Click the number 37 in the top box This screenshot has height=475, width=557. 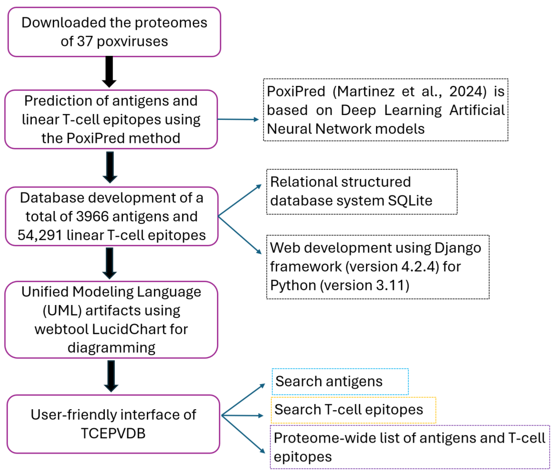tap(85, 41)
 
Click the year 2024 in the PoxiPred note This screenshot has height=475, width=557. tap(468, 91)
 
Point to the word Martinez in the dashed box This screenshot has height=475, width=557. tap(366, 91)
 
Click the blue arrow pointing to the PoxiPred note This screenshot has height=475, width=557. tap(238, 119)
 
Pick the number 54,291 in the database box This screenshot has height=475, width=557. tap(40, 235)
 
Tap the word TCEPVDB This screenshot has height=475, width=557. tap(113, 434)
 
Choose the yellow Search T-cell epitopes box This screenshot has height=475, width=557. tap(353, 410)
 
